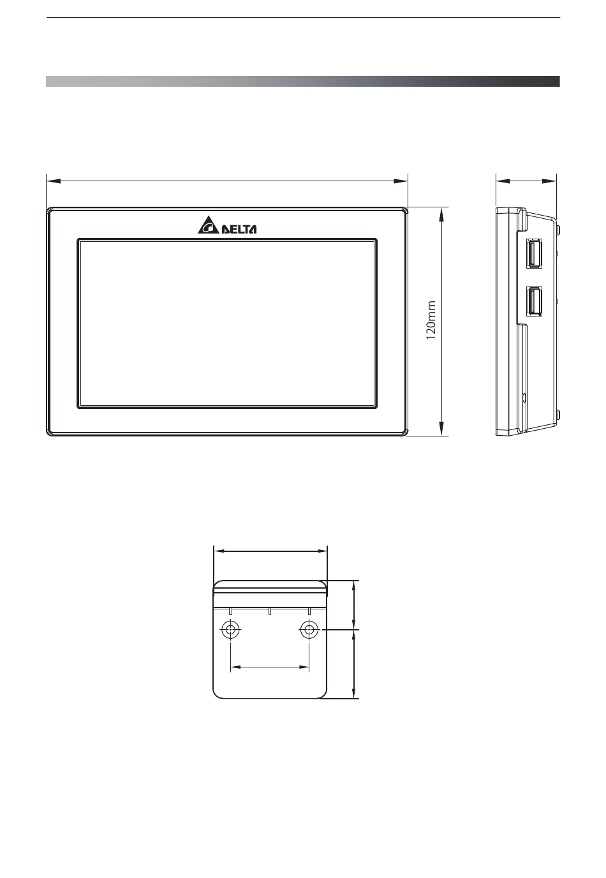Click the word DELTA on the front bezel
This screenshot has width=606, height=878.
[x=239, y=229]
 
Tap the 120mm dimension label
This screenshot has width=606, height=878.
[x=431, y=320]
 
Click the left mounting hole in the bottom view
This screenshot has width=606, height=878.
[x=230, y=630]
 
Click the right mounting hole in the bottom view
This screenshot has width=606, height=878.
[x=309, y=630]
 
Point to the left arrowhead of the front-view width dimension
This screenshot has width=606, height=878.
[x=54, y=181]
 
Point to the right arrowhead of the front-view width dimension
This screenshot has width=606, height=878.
[x=401, y=181]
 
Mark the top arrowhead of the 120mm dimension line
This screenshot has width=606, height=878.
[x=441, y=214]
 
